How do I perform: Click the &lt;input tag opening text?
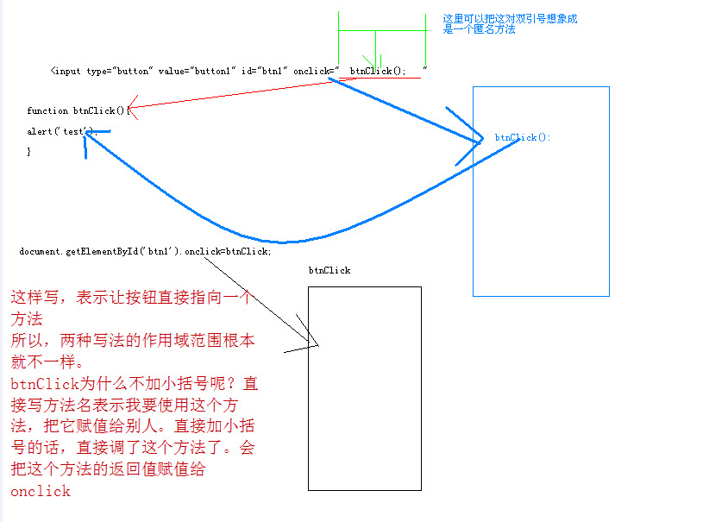[66, 71]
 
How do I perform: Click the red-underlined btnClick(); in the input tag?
[377, 71]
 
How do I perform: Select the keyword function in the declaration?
[47, 110]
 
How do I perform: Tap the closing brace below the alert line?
[28, 151]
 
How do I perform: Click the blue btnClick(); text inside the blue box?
[523, 137]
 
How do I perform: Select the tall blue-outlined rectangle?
[541, 191]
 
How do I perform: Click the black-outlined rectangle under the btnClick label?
[365, 388]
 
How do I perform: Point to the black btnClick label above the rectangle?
[329, 270]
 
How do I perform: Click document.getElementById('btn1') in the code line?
[100, 251]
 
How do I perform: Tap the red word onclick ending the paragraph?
[41, 491]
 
